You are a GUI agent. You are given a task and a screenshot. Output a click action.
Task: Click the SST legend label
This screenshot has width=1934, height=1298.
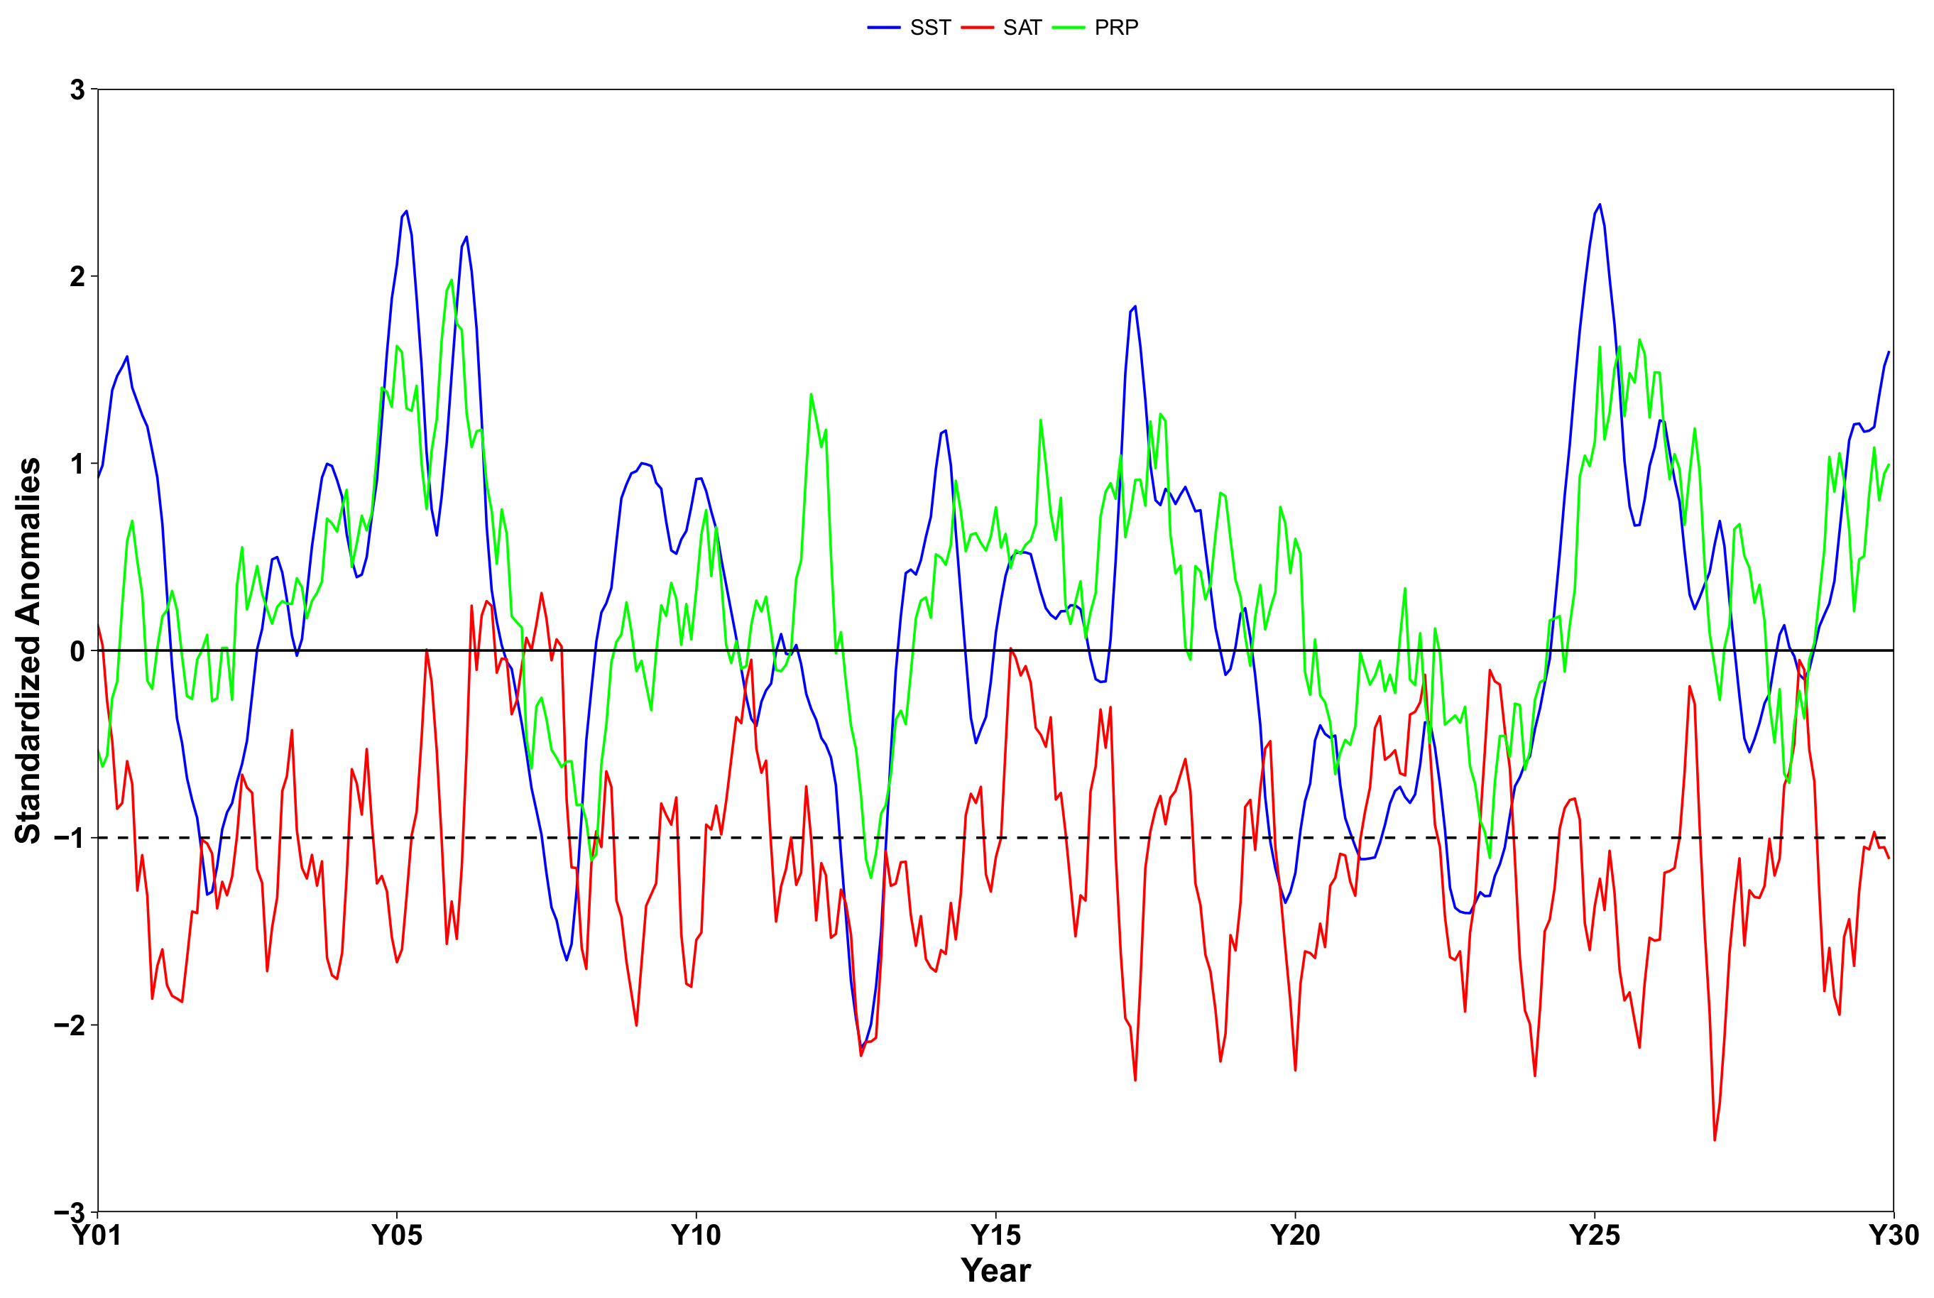pyautogui.click(x=929, y=27)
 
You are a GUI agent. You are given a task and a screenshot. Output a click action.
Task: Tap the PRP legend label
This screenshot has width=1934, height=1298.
pyautogui.click(x=1115, y=27)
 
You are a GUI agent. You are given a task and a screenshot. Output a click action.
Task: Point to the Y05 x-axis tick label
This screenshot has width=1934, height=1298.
pyautogui.click(x=396, y=1235)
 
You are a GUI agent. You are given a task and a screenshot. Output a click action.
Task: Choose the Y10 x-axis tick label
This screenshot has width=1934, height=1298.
pyautogui.click(x=696, y=1235)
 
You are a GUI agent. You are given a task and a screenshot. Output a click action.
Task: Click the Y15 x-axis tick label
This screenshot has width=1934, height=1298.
pyautogui.click(x=995, y=1235)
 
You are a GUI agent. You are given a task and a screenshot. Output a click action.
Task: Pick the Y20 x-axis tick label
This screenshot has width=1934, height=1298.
pyautogui.click(x=1294, y=1235)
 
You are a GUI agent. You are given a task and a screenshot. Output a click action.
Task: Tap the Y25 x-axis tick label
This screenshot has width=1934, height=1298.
pyautogui.click(x=1594, y=1235)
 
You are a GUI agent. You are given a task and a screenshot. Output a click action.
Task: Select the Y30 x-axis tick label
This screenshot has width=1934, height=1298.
pyautogui.click(x=1894, y=1235)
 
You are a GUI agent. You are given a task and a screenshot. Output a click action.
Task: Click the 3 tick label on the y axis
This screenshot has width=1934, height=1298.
pyautogui.click(x=78, y=89)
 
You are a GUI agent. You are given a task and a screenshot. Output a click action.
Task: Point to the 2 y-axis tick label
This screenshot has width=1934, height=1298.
pyautogui.click(x=78, y=276)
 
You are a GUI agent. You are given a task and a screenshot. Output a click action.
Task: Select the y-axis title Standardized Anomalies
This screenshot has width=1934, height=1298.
pyautogui.click(x=28, y=650)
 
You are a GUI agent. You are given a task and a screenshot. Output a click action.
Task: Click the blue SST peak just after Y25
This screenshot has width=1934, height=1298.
pyautogui.click(x=1599, y=204)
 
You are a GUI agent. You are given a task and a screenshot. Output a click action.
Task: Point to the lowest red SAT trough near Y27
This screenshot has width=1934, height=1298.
pyautogui.click(x=1714, y=1140)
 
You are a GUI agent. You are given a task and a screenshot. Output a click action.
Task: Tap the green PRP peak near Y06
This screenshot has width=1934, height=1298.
pyautogui.click(x=451, y=280)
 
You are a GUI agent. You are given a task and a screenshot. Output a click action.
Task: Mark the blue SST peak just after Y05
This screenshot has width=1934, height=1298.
pyautogui.click(x=406, y=211)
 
